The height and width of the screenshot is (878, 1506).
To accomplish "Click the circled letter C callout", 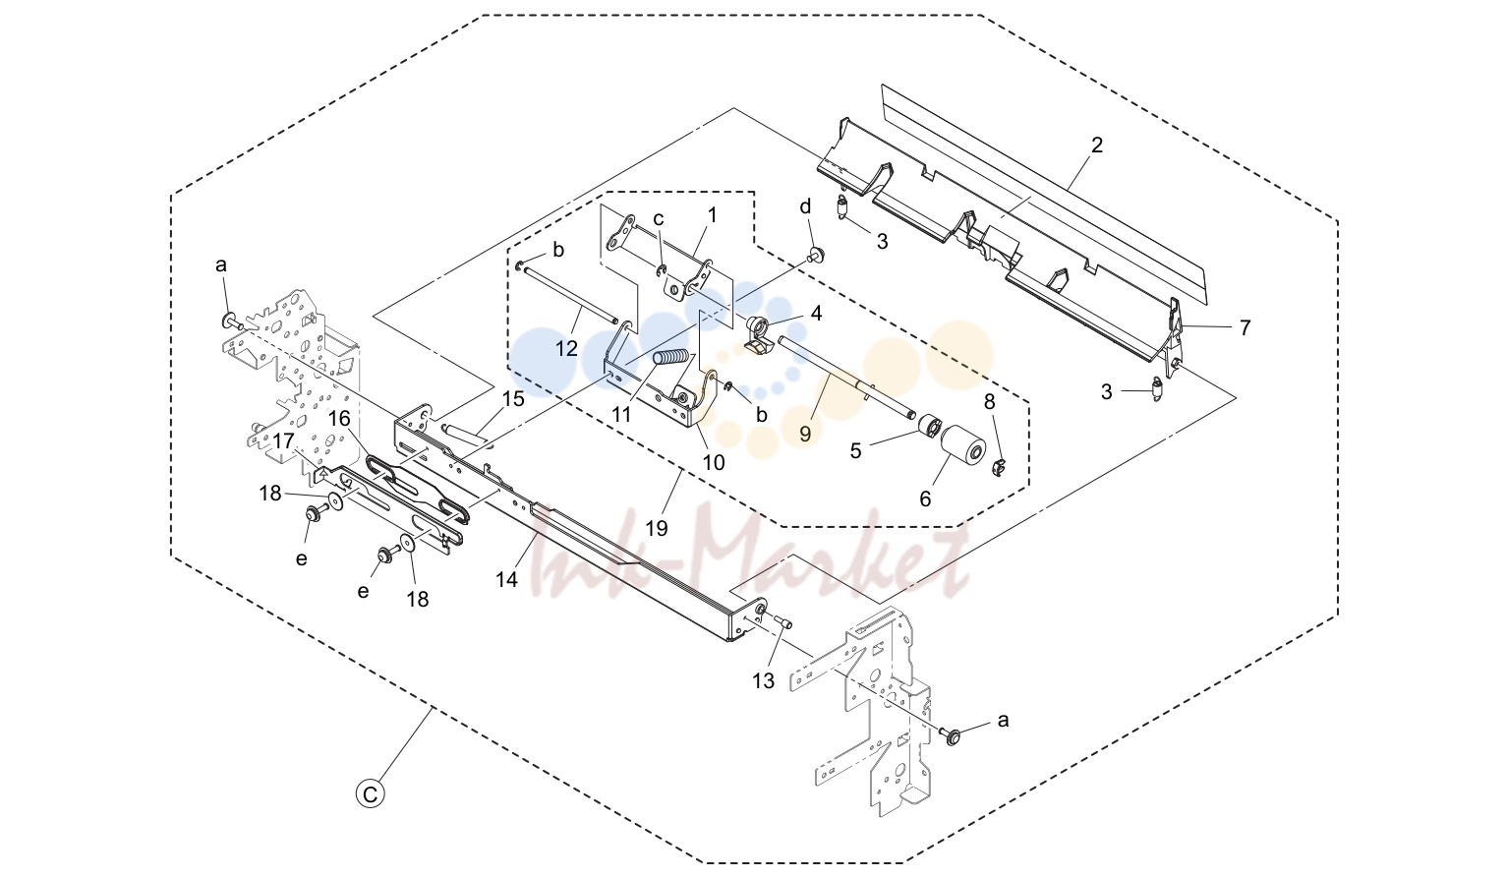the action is click(x=371, y=794).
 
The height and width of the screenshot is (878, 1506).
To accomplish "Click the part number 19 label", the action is click(x=657, y=528).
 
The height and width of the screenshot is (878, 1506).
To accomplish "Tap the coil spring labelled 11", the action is click(x=671, y=358).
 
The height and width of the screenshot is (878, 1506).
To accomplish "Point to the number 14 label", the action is click(x=507, y=579).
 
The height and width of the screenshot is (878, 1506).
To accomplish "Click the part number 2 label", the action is click(x=1097, y=145).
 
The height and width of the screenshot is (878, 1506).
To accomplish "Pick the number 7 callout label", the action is click(x=1245, y=327).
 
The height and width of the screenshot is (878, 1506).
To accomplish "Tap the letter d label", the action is click(x=805, y=206).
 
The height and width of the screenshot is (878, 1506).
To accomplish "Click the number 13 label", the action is click(x=763, y=681).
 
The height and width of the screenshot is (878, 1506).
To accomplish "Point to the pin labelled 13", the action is click(x=782, y=621).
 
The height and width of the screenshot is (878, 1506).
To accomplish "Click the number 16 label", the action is click(x=339, y=419).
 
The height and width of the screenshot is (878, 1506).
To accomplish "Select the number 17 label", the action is click(x=284, y=441).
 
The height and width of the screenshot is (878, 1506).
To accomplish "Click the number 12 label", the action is click(x=567, y=348).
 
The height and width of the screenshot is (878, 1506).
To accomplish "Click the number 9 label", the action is click(x=805, y=435).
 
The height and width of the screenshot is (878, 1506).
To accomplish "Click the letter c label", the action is click(x=659, y=219).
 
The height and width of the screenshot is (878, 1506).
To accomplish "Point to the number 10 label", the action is click(x=714, y=462).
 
